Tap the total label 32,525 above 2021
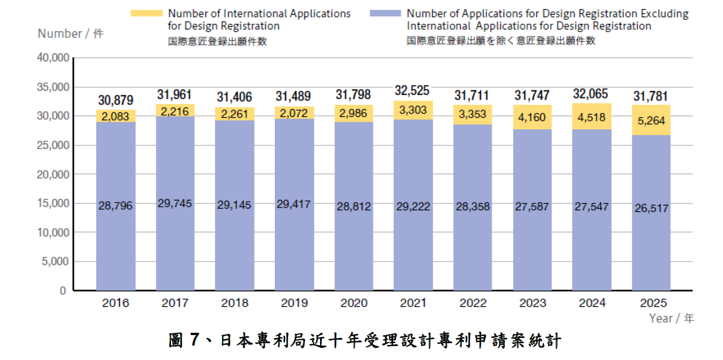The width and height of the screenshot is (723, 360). pyautogui.click(x=413, y=91)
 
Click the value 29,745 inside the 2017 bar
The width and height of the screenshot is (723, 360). pyautogui.click(x=175, y=203)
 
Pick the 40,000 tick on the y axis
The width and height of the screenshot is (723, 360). pyautogui.click(x=53, y=58)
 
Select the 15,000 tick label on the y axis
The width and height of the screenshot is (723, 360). pyautogui.click(x=53, y=203)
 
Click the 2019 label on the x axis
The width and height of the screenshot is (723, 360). pyautogui.click(x=295, y=303)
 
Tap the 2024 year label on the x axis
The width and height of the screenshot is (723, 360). pyautogui.click(x=592, y=303)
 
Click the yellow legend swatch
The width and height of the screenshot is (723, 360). pyautogui.click(x=146, y=13)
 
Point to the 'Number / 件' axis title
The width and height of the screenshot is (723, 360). pyautogui.click(x=70, y=34)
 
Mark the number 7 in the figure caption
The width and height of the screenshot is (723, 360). pyautogui.click(x=194, y=341)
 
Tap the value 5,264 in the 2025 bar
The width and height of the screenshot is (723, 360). pyautogui.click(x=651, y=121)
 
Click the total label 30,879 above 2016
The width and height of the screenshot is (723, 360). pyautogui.click(x=116, y=100)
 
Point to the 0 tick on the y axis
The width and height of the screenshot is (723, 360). pyautogui.click(x=63, y=290)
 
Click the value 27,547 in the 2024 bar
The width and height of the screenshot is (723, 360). pyautogui.click(x=592, y=207)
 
